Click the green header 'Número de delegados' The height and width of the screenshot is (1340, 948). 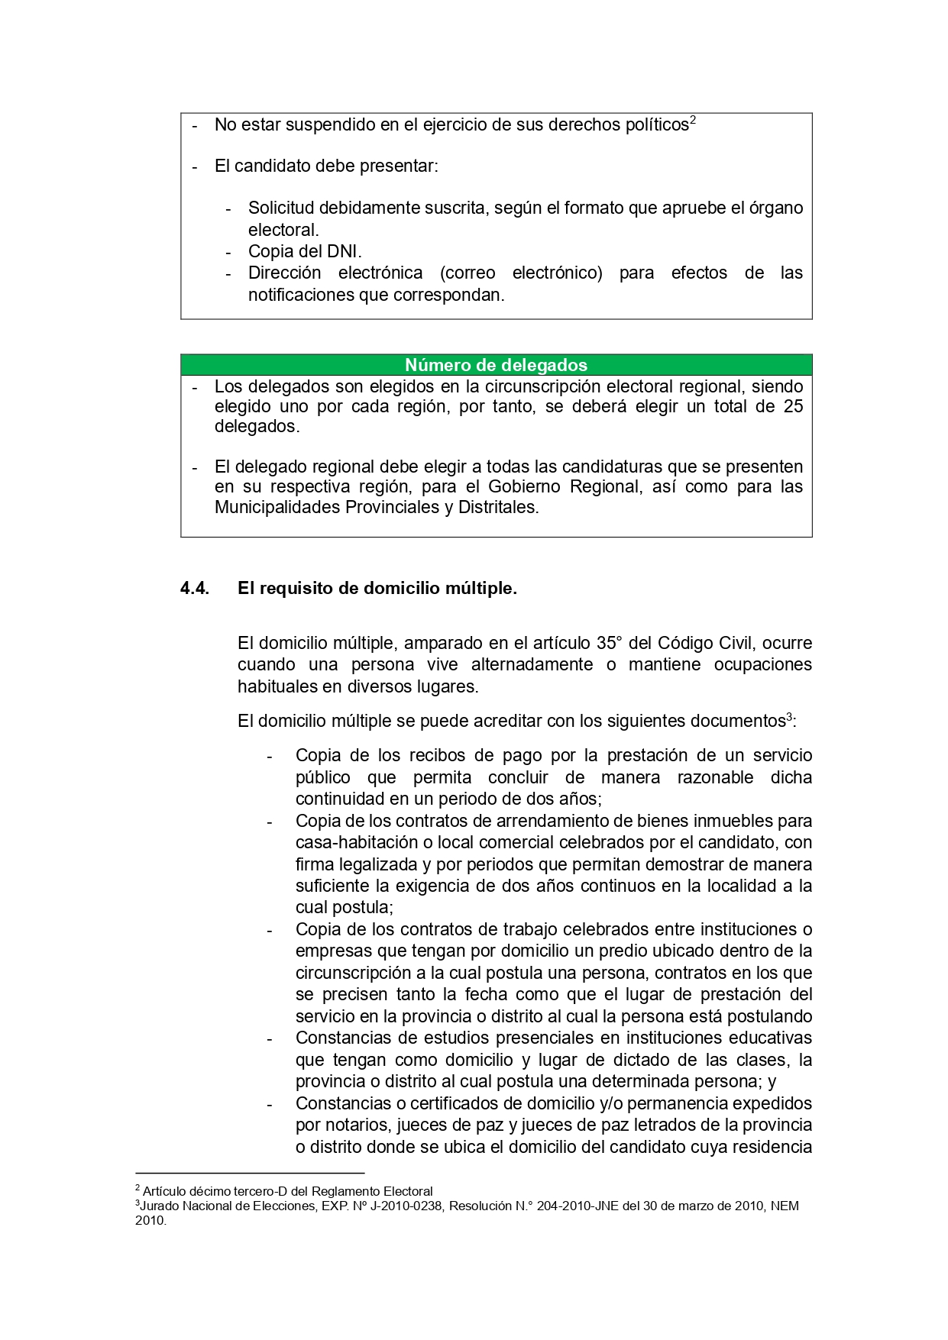click(496, 365)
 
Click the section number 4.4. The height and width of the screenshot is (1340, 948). click(195, 588)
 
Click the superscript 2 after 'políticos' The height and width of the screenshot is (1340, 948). click(693, 120)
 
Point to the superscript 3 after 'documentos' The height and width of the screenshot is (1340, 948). click(789, 717)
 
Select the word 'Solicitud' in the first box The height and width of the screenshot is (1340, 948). click(280, 208)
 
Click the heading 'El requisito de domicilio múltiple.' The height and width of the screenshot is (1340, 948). click(377, 588)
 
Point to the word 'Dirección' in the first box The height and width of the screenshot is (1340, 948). click(285, 273)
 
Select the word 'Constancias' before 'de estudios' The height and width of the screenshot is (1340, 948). click(342, 1038)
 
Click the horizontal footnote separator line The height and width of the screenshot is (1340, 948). click(250, 1173)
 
